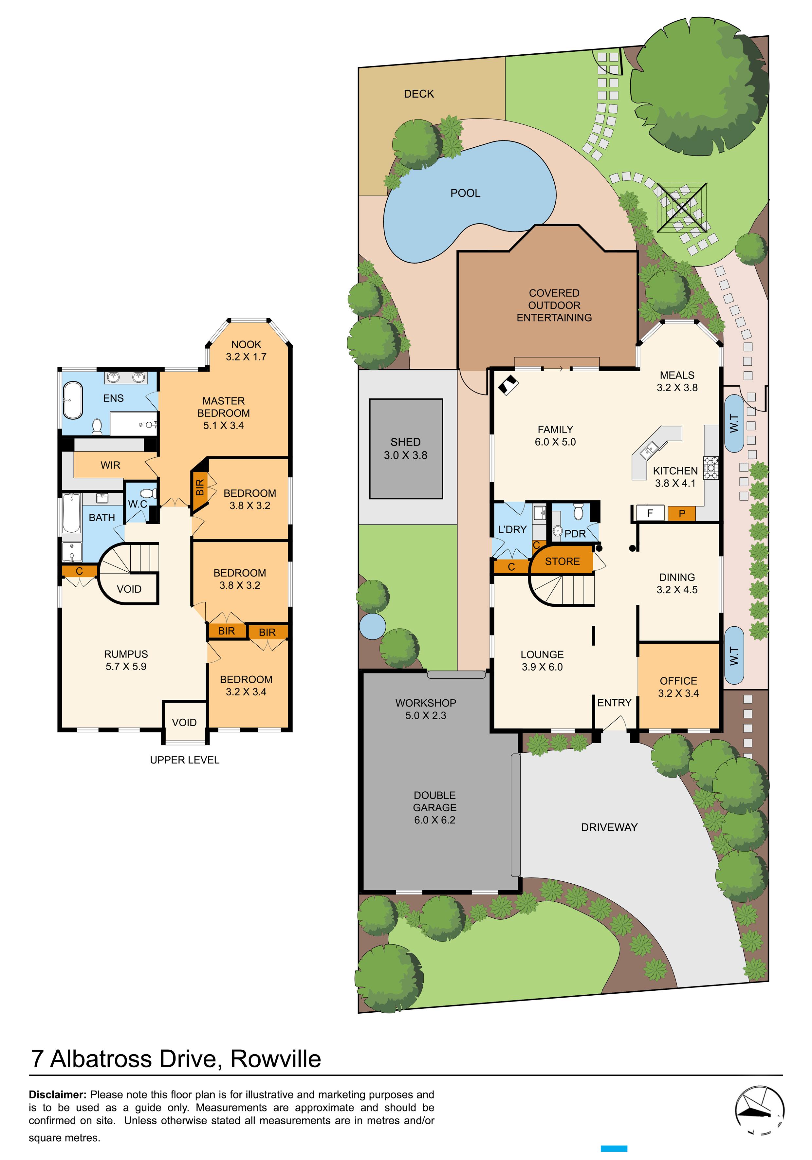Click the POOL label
(x=465, y=193)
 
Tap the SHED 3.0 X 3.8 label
(x=405, y=449)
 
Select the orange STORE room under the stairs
(x=562, y=561)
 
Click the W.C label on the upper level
(x=137, y=504)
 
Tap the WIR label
(x=110, y=465)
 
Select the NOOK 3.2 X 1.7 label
(x=246, y=350)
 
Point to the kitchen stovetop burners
(x=711, y=467)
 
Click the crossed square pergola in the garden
(x=681, y=207)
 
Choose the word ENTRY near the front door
(x=614, y=702)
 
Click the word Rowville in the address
(x=275, y=1059)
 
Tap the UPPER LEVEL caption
(x=184, y=760)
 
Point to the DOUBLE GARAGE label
(x=434, y=807)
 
